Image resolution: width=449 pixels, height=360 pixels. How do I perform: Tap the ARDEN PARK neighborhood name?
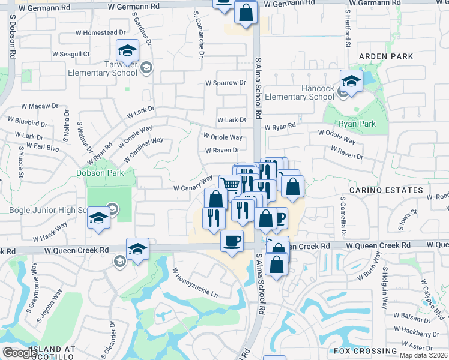[386, 56]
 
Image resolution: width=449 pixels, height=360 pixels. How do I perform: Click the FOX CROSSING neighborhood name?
[366, 351]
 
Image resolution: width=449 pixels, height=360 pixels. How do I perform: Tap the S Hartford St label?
[348, 32]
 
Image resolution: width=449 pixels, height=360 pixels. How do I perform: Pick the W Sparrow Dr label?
[226, 83]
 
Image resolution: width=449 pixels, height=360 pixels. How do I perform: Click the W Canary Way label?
[193, 184]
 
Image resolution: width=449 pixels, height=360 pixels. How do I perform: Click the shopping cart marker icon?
[230, 184]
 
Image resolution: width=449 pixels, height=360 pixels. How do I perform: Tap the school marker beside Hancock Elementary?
[351, 80]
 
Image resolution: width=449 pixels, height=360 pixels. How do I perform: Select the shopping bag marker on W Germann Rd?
[246, 12]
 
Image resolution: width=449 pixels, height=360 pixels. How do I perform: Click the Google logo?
[19, 353]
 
